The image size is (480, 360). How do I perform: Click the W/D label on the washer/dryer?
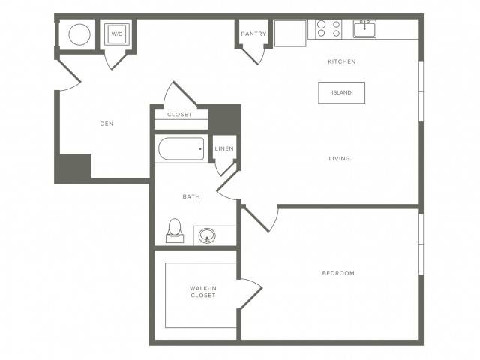[x=117, y=34]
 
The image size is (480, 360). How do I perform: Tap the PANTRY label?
[x=253, y=34]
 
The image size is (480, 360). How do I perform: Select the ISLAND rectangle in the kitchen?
[x=342, y=92]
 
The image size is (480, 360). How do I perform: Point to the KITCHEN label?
[x=342, y=61]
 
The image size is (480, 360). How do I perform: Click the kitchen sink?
[x=365, y=28]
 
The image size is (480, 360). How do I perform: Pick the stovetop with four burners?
[x=328, y=28]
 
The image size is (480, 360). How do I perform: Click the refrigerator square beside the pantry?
[x=290, y=33]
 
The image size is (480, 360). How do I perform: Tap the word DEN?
[x=106, y=124]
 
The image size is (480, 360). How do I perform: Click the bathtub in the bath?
[x=181, y=148]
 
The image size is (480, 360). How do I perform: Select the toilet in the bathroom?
[x=175, y=231]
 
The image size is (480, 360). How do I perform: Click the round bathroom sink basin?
[x=207, y=235]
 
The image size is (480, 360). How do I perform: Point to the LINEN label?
[x=224, y=148]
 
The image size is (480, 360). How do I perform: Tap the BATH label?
[x=191, y=196]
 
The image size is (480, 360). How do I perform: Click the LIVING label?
[x=340, y=158]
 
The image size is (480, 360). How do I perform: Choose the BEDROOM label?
[x=338, y=273]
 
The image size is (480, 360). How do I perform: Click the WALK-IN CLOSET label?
[x=203, y=292]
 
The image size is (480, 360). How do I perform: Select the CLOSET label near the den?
[x=180, y=115]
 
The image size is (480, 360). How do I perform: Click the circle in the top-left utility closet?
[x=79, y=34]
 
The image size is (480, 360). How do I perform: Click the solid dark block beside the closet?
[x=224, y=119]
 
